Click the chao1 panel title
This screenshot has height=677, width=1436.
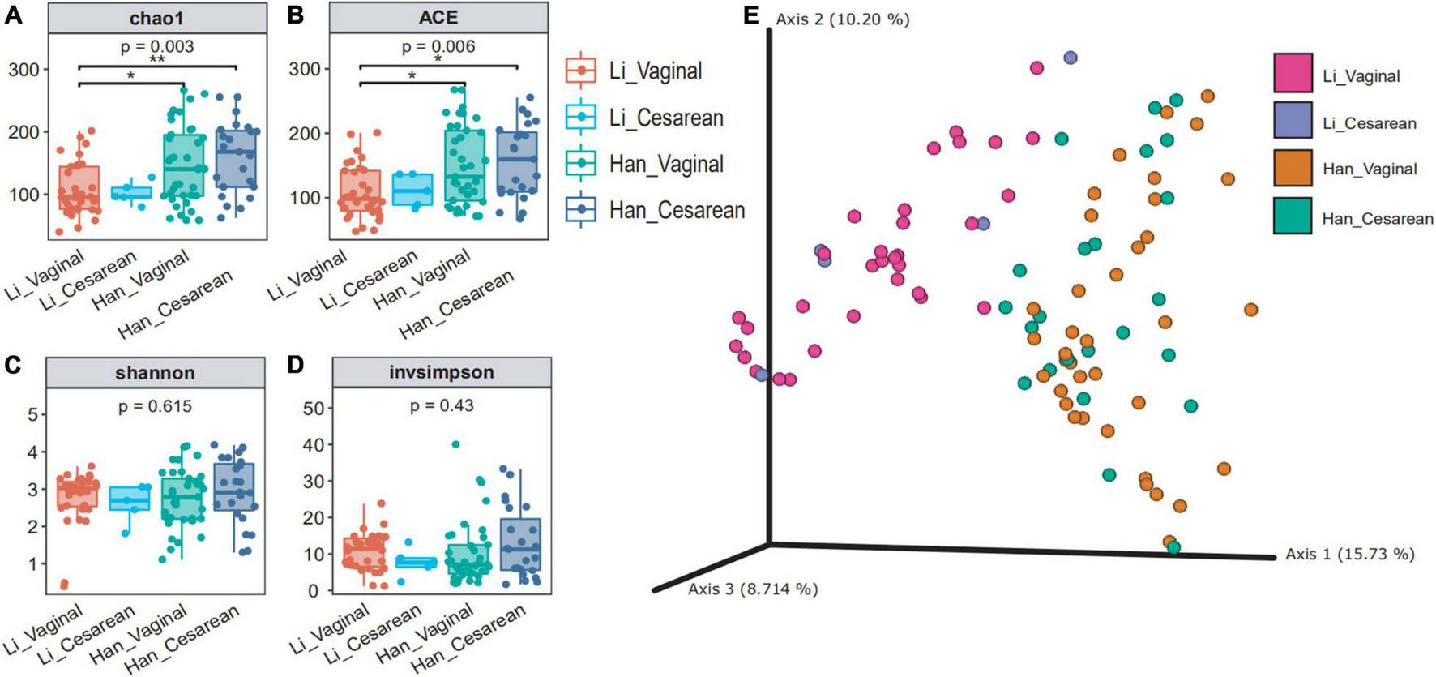(x=157, y=17)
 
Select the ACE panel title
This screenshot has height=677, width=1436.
(x=438, y=17)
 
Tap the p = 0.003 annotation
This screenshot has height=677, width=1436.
(x=157, y=46)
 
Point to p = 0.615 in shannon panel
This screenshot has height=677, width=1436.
(x=155, y=406)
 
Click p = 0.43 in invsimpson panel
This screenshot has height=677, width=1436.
(x=442, y=405)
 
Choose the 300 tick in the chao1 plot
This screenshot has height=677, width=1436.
(x=24, y=70)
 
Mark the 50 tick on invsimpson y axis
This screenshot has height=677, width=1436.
(x=314, y=409)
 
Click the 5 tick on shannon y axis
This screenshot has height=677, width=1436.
(x=32, y=415)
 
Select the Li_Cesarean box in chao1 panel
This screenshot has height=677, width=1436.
(x=130, y=193)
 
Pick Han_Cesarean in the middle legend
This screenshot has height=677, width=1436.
(x=676, y=211)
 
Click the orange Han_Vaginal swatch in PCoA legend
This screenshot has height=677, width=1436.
(x=1293, y=169)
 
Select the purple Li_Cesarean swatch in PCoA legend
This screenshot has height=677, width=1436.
(x=1293, y=122)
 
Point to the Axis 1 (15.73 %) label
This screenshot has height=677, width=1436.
(x=1349, y=555)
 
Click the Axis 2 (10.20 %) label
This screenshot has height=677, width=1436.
(x=842, y=19)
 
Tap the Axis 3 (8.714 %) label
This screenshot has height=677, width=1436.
(x=753, y=589)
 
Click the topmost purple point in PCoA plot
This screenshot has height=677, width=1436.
(x=1071, y=58)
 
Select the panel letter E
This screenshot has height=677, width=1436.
(x=751, y=15)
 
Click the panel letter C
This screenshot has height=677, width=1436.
(x=12, y=365)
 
